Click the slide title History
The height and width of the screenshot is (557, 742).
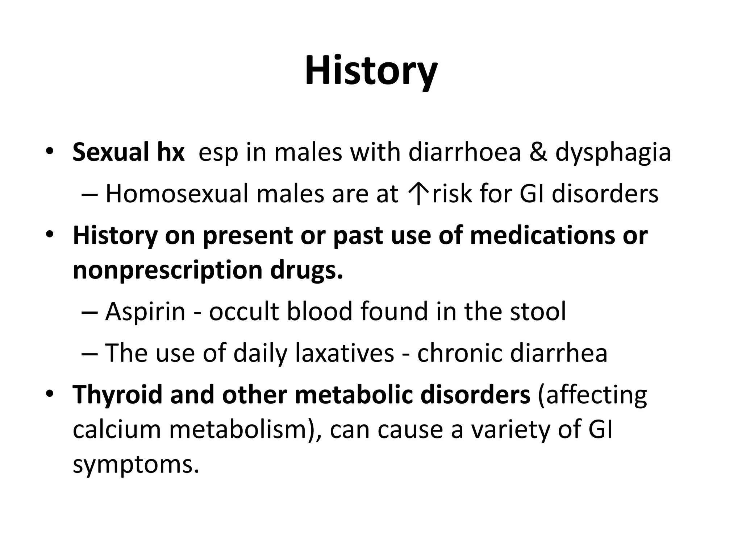pyautogui.click(x=371, y=72)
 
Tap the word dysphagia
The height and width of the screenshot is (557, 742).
pyautogui.click(x=613, y=153)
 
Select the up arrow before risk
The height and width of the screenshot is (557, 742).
pyautogui.click(x=418, y=194)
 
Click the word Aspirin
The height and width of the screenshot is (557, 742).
pyautogui.click(x=145, y=312)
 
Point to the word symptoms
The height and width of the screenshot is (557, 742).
pyautogui.click(x=136, y=465)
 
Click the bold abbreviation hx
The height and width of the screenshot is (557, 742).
pyautogui.click(x=170, y=153)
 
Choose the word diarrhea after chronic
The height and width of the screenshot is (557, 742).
pyautogui.click(x=558, y=353)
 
